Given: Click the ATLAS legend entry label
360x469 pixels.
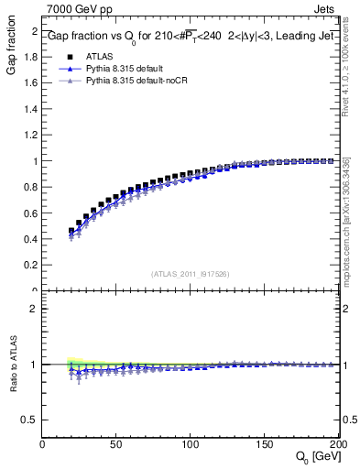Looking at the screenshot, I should pyautogui.click(x=98, y=56).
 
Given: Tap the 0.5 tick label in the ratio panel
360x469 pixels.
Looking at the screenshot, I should pyautogui.click(x=30, y=420).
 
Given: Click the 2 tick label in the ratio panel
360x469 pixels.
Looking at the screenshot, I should pyautogui.click(x=34, y=309).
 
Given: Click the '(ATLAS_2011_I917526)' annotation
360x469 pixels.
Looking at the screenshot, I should pyautogui.click(x=189, y=274).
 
